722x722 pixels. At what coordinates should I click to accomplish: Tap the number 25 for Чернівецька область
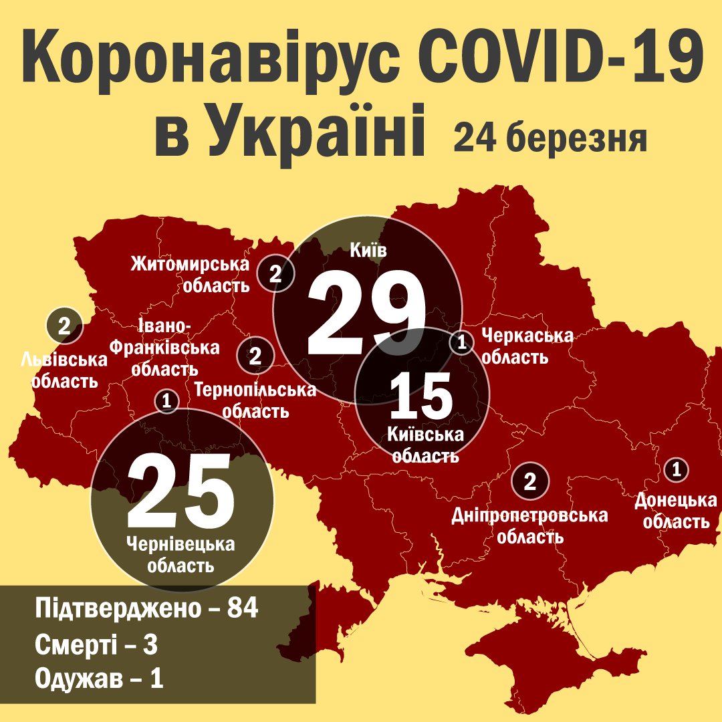pyautogui.click(x=181, y=490)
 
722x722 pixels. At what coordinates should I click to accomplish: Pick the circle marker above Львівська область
pyautogui.click(x=64, y=326)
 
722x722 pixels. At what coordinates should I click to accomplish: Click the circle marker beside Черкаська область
pyautogui.click(x=461, y=343)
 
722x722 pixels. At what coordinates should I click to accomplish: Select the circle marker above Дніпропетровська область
pyautogui.click(x=530, y=481)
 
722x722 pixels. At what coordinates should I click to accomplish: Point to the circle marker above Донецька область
pyautogui.click(x=677, y=469)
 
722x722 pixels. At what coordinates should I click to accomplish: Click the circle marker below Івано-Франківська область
pyautogui.click(x=166, y=401)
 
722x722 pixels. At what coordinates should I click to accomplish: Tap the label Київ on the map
pyautogui.click(x=367, y=251)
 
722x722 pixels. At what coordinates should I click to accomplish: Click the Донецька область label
pyautogui.click(x=676, y=511)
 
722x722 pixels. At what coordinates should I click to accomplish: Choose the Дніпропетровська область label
pyautogui.click(x=530, y=525)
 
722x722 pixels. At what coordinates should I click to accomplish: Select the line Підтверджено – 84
pyautogui.click(x=146, y=610)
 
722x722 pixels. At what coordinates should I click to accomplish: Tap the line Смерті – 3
pyautogui.click(x=96, y=645)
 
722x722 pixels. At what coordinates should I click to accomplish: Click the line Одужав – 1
pyautogui.click(x=98, y=679)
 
